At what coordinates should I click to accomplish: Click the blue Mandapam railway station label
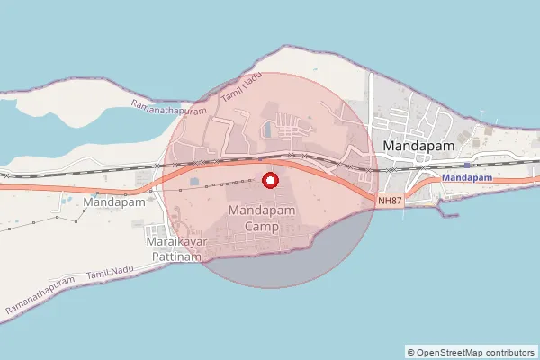click(467, 178)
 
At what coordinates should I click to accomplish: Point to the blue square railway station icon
click(466, 165)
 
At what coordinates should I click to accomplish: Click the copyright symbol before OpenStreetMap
click(411, 352)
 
